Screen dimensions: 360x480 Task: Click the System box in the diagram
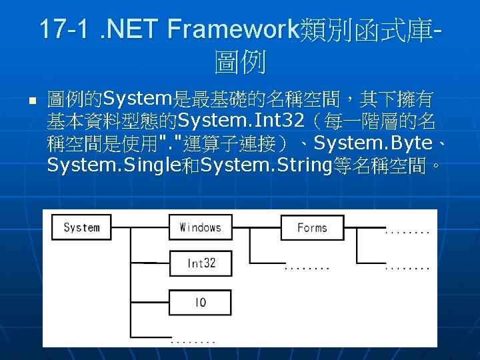81,227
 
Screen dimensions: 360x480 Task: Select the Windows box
200,227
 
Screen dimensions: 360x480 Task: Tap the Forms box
312,227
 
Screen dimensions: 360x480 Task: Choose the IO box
200,302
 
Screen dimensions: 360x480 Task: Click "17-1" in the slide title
63,30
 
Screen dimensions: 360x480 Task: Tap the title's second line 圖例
240,64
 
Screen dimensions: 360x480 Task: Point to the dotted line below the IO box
193,341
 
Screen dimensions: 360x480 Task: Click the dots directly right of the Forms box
407,231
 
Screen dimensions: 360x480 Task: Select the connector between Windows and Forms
256,227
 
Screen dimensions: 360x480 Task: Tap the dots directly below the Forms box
307,268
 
